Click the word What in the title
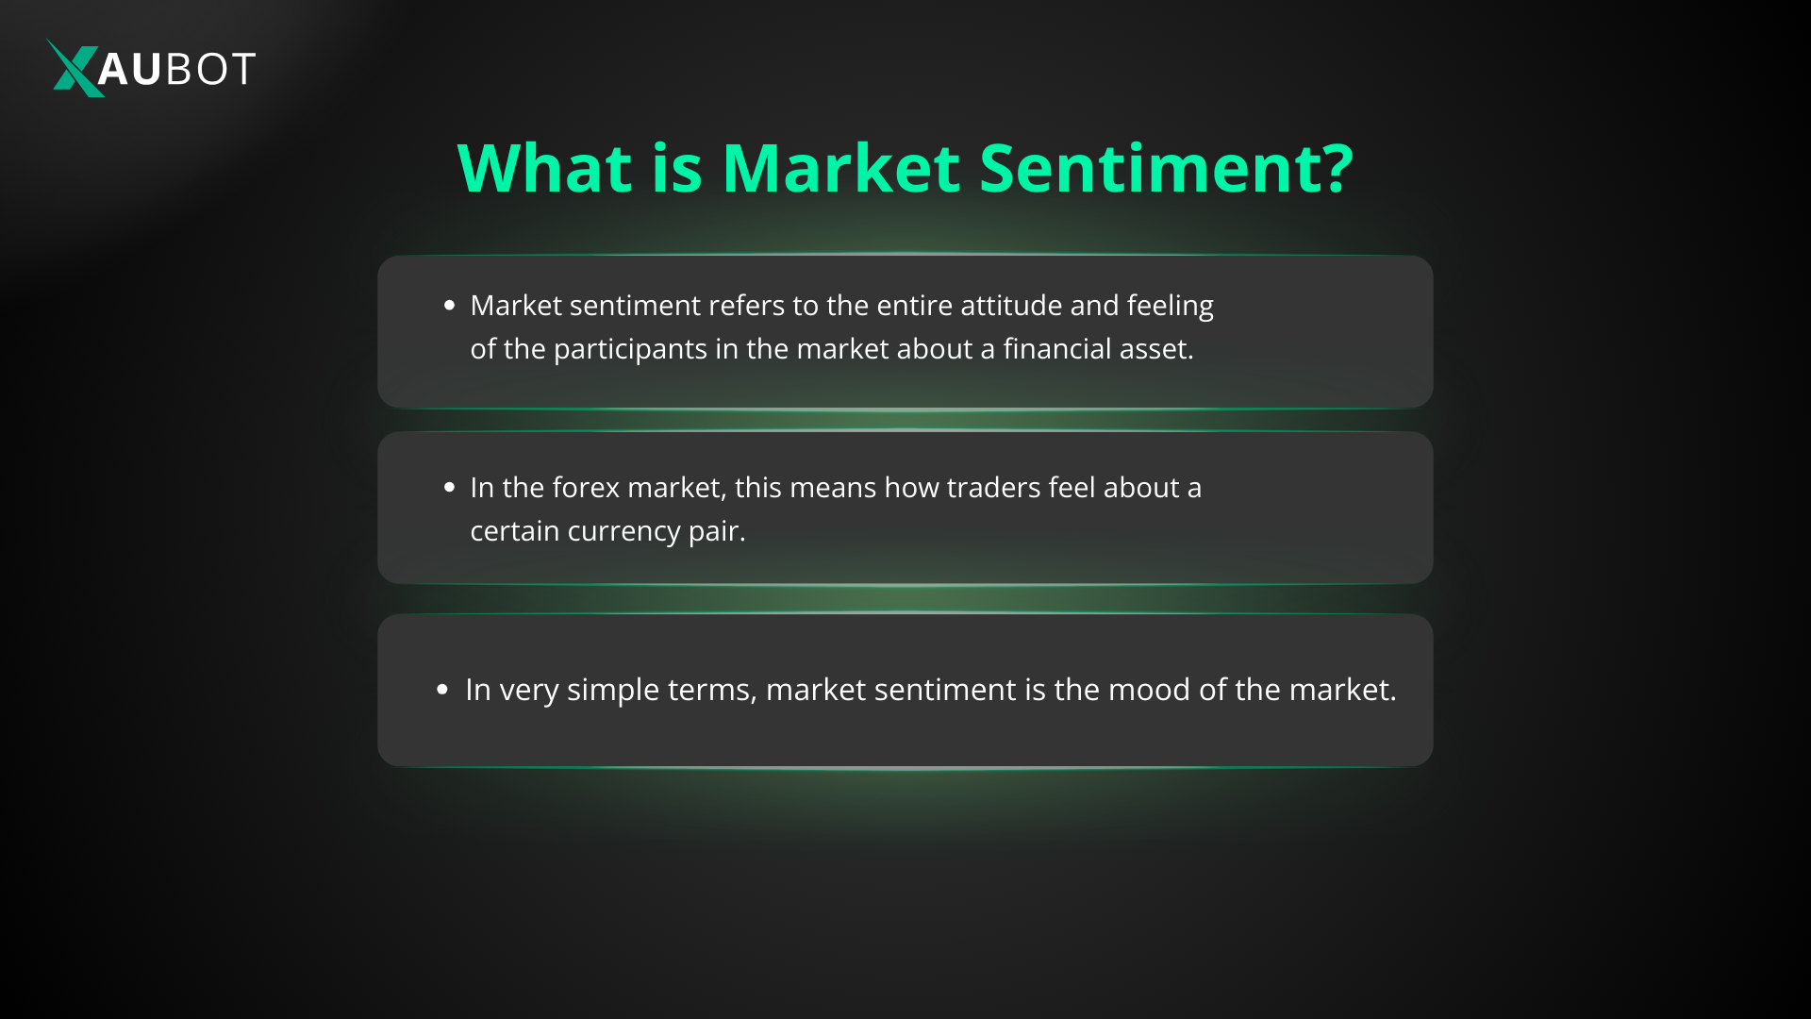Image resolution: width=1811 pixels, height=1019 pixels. (544, 168)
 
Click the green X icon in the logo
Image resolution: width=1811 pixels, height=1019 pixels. (76, 68)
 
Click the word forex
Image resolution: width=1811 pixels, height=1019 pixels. (586, 487)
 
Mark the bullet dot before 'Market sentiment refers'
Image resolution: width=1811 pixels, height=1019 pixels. (449, 305)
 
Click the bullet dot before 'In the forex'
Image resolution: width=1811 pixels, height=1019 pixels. (449, 487)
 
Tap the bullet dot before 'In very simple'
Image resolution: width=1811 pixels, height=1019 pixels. (442, 690)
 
